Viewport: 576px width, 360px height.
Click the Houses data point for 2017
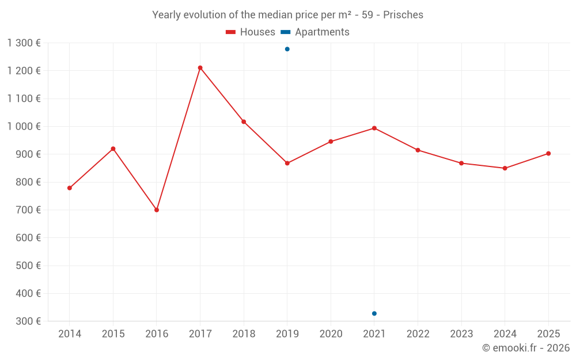pyautogui.click(x=200, y=68)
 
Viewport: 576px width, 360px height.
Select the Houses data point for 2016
pyautogui.click(x=157, y=210)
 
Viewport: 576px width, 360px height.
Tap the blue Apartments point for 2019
pyautogui.click(x=287, y=49)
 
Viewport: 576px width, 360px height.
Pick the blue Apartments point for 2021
pyautogui.click(x=374, y=313)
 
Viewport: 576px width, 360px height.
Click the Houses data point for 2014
pyautogui.click(x=70, y=188)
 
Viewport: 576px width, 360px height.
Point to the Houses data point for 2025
pyautogui.click(x=548, y=153)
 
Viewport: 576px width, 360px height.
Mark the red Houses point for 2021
pyautogui.click(x=374, y=128)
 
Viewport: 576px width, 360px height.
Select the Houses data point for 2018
pyautogui.click(x=244, y=122)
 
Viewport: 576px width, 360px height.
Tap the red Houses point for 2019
pyautogui.click(x=287, y=163)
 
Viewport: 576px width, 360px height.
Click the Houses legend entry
pyautogui.click(x=251, y=32)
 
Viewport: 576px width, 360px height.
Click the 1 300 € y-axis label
pyautogui.click(x=24, y=43)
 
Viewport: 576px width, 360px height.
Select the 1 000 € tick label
pyautogui.click(x=24, y=126)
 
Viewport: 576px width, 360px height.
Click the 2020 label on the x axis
pyautogui.click(x=331, y=334)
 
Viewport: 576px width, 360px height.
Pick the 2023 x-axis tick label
pyautogui.click(x=461, y=334)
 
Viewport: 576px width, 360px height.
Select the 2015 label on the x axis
pyautogui.click(x=113, y=334)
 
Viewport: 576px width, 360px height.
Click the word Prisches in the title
pyautogui.click(x=403, y=15)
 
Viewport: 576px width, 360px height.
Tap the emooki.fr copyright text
pyautogui.click(x=525, y=348)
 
